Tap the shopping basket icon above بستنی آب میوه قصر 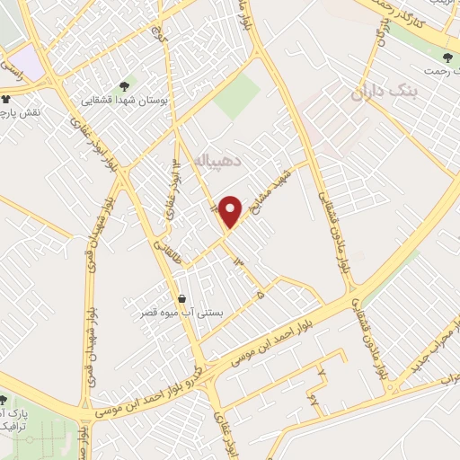[x=183, y=298]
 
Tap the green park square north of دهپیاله [x=236, y=97]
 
